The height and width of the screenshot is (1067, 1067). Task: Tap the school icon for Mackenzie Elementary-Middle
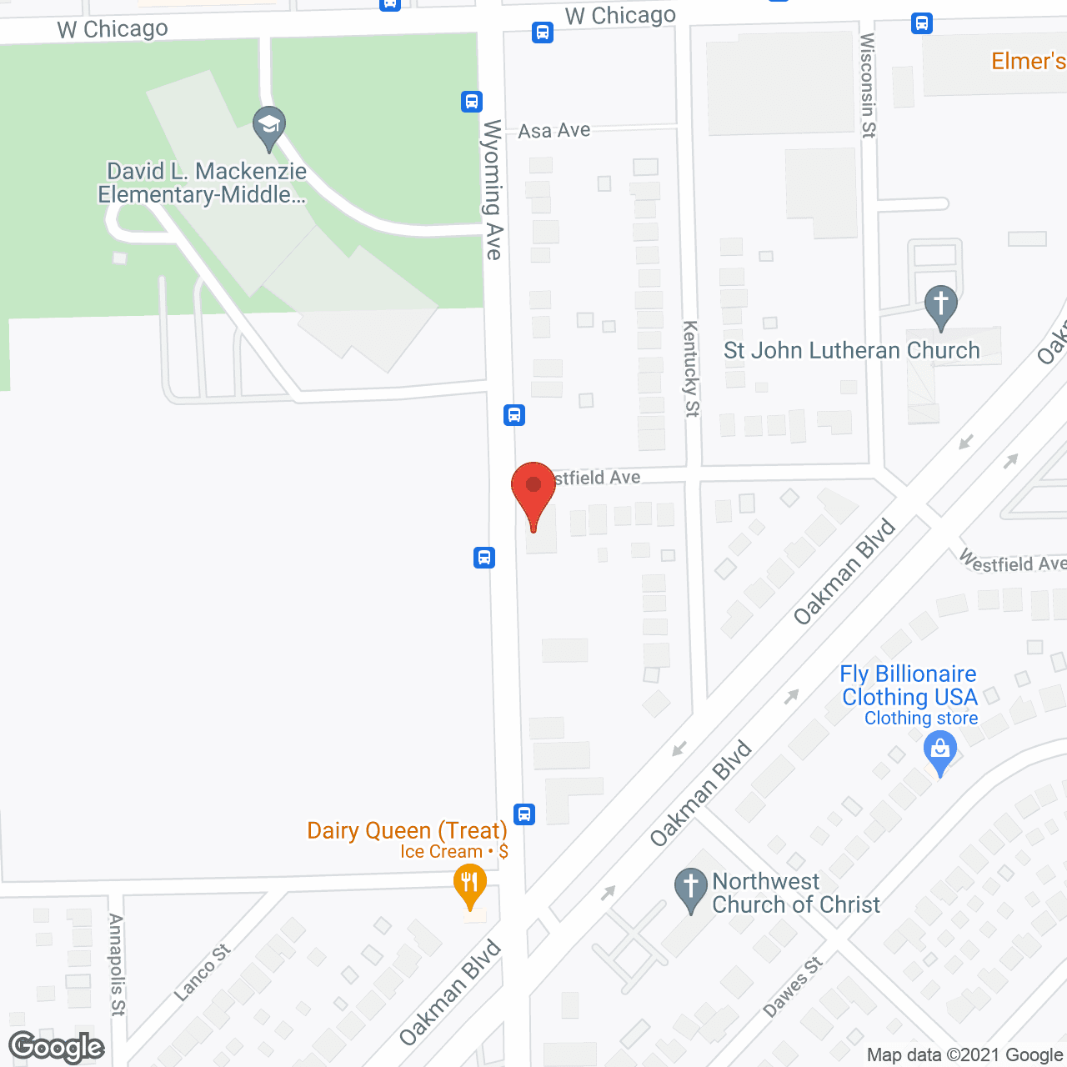268,128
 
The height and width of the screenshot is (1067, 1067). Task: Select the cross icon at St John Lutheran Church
941,306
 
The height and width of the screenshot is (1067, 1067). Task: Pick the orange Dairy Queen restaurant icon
470,885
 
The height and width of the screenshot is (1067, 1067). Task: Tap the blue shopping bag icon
940,751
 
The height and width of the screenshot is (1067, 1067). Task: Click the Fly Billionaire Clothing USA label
909,685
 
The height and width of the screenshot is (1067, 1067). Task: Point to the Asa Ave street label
554,131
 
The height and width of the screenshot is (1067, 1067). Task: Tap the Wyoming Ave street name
493,189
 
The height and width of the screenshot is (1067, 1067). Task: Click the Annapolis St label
117,964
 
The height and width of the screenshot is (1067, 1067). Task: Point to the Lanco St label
203,972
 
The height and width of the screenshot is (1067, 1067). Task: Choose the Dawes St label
793,986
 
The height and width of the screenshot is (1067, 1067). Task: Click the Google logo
57,1048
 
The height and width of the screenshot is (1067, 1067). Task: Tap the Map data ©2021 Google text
964,1055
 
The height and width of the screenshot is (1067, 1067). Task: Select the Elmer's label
1028,61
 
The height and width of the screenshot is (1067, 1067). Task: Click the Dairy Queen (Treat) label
407,830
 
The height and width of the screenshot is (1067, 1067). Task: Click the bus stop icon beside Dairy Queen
524,814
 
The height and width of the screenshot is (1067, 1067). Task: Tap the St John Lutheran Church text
851,350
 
